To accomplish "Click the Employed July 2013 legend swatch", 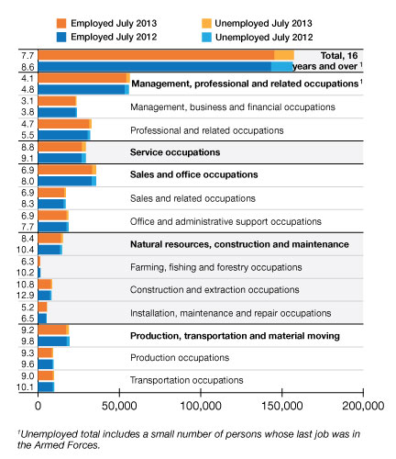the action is [x=61, y=23].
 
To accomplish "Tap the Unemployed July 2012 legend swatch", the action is [x=206, y=38].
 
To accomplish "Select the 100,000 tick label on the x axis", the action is [x=201, y=406].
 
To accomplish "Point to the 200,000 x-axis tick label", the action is [x=363, y=406].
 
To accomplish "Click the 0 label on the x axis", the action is [x=38, y=406].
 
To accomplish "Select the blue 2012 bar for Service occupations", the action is [x=62, y=158].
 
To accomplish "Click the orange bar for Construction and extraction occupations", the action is [x=45, y=285].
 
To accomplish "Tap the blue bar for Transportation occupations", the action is [x=46, y=386].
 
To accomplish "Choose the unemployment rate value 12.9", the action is [x=26, y=296].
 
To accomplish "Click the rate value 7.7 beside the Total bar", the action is [x=27, y=56].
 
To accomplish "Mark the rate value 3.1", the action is [x=27, y=101].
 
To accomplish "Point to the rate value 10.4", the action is [x=26, y=250].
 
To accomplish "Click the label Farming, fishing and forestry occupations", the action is [x=216, y=267].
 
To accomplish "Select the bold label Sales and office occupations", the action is [x=194, y=174].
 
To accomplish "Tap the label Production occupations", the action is [x=180, y=358].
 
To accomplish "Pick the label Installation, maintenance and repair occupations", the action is [x=231, y=313].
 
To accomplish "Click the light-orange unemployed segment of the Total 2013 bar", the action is [x=284, y=55].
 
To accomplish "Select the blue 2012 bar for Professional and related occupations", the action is [x=64, y=135].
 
